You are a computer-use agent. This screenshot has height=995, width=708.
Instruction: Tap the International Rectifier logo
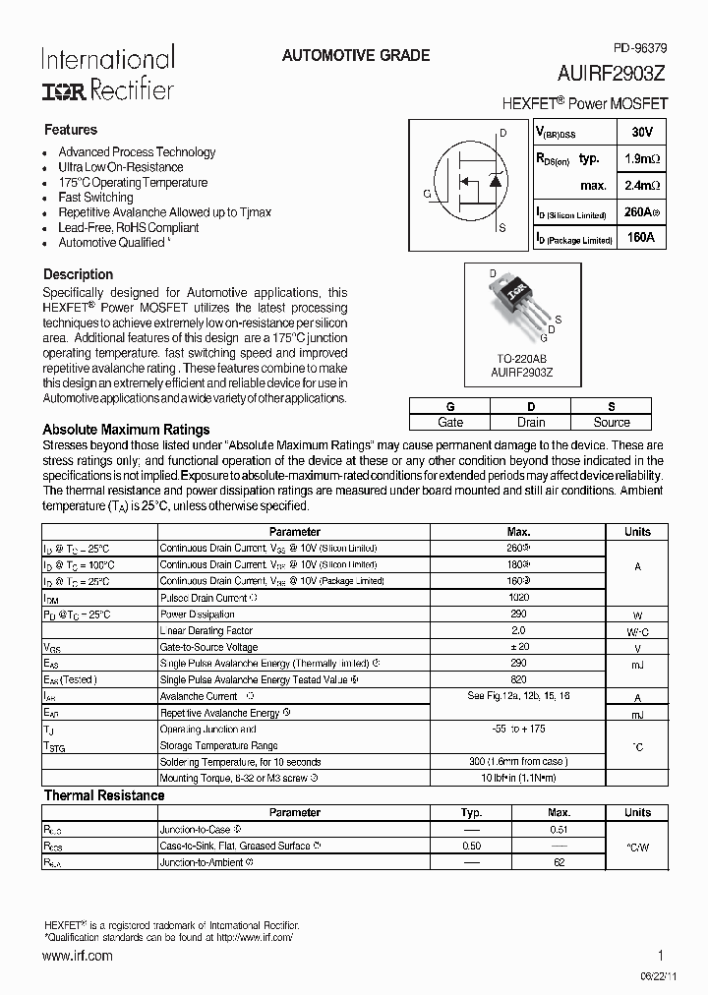click(107, 73)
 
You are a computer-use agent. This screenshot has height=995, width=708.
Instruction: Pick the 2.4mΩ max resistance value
click(641, 185)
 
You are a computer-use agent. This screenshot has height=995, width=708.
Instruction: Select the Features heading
click(71, 130)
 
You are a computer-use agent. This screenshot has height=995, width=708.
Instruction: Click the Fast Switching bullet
click(95, 198)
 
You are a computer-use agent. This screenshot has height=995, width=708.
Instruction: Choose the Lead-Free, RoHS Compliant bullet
click(128, 227)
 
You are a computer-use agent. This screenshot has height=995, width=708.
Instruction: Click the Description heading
click(78, 274)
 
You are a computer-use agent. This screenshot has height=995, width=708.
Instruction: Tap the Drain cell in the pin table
click(530, 422)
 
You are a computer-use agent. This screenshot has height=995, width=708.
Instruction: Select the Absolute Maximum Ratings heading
click(126, 430)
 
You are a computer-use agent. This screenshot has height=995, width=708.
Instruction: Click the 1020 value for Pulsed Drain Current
click(518, 598)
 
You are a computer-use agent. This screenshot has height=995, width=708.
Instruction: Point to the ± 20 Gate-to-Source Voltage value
click(518, 648)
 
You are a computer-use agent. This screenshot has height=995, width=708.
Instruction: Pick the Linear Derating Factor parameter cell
click(206, 631)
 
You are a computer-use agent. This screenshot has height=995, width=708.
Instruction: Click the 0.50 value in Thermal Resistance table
click(471, 846)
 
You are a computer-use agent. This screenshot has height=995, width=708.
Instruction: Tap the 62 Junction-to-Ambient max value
click(559, 862)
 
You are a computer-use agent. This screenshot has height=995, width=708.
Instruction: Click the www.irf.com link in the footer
click(78, 956)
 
